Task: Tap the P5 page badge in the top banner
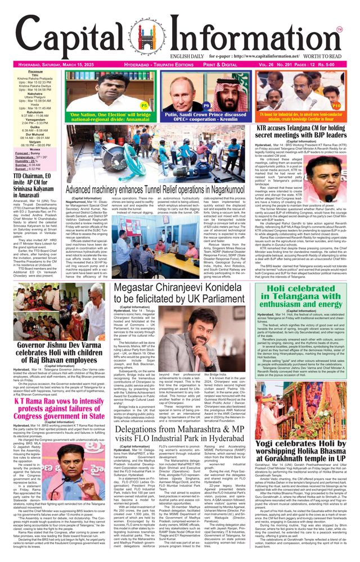(144, 105)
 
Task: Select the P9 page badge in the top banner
(206, 105)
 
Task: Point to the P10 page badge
(336, 105)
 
